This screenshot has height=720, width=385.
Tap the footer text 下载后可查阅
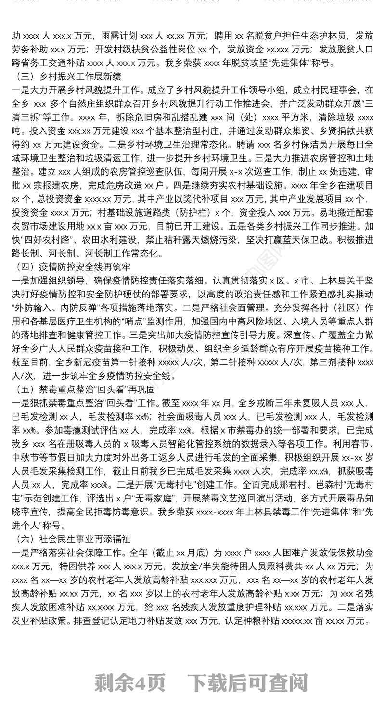click(247, 682)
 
